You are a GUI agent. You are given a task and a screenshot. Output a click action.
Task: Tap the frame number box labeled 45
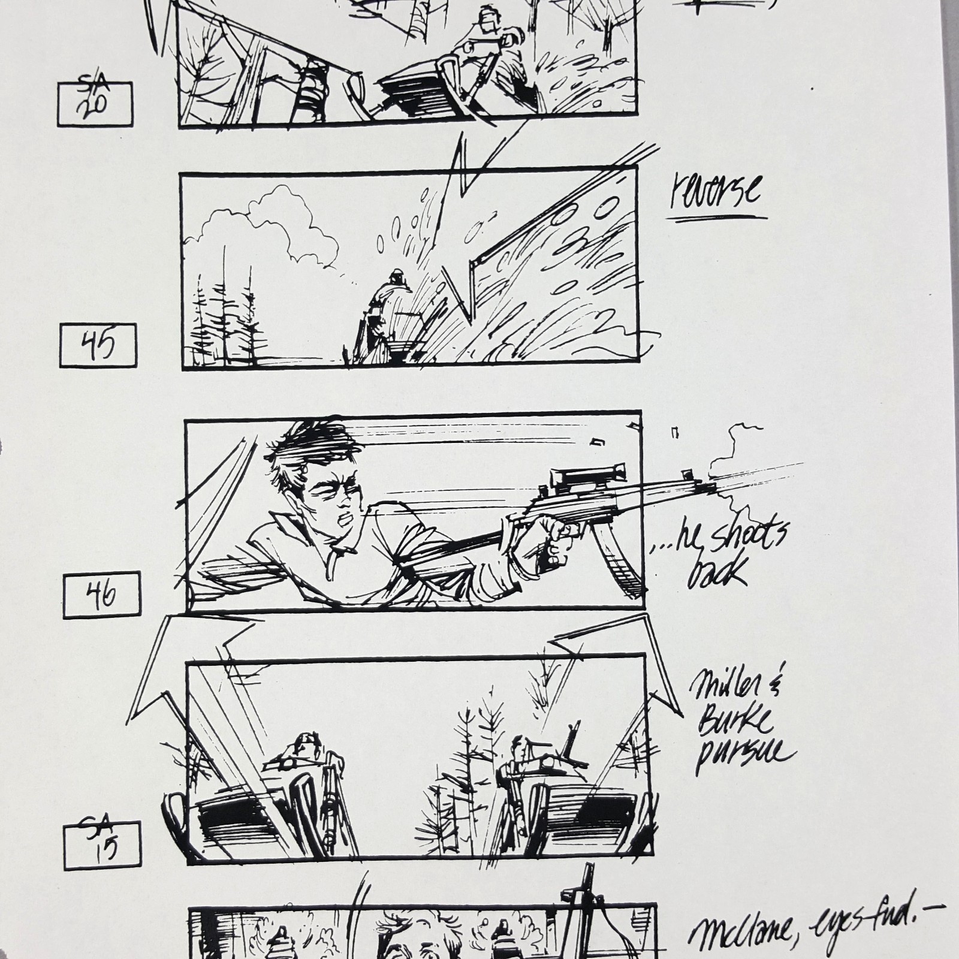click(98, 345)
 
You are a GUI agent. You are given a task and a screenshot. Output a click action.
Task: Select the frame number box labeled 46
click(102, 595)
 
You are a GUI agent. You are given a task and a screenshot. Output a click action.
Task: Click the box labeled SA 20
click(95, 104)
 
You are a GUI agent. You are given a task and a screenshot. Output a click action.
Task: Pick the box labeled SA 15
click(102, 845)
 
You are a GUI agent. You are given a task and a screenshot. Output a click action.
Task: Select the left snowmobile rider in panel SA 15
click(306, 749)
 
